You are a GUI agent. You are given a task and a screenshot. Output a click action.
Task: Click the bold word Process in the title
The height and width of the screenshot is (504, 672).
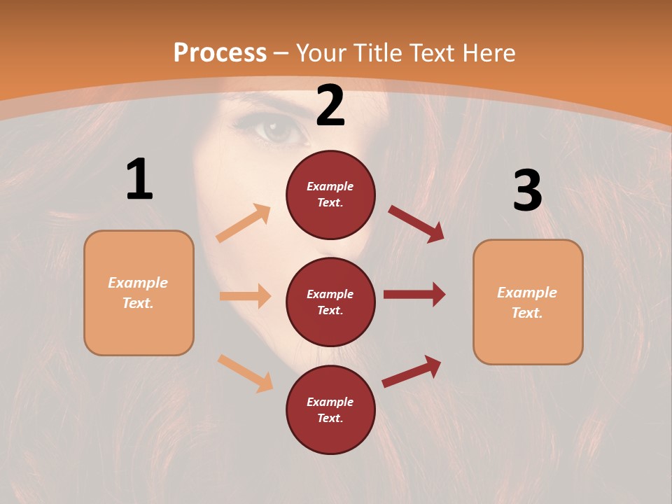coord(220,52)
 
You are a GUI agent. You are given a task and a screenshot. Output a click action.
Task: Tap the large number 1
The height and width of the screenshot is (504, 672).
coord(139,180)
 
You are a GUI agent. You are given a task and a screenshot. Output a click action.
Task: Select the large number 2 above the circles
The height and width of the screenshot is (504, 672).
coord(330,106)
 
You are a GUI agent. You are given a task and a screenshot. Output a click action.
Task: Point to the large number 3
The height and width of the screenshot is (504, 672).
coord(527,190)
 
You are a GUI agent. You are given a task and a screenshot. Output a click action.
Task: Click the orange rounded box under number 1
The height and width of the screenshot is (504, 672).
coord(139,293)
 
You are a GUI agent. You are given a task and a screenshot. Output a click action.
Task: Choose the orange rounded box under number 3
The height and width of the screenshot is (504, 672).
coord(528,302)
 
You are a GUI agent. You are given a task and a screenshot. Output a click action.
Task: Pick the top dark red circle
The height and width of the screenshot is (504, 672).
coord(330,195)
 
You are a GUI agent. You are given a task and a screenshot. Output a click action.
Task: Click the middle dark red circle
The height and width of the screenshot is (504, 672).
coord(330,302)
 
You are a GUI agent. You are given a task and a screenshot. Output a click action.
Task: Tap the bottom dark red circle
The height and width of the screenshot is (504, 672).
coord(330,409)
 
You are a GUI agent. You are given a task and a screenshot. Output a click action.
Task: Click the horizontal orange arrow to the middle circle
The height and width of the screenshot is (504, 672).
coord(245,296)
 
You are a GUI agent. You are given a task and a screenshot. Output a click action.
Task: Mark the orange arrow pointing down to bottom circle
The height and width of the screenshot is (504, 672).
coord(245,372)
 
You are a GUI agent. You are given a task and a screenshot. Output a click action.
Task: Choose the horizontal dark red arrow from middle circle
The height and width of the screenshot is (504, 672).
coord(414,295)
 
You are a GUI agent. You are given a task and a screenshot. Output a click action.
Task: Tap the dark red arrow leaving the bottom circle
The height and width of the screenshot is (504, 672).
coord(412,371)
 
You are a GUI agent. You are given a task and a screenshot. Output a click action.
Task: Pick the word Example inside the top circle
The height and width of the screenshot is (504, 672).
coord(330,187)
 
